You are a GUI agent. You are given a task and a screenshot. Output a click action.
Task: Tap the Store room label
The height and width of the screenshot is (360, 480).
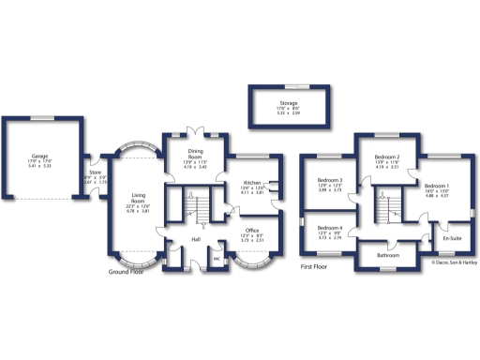tap(95, 172)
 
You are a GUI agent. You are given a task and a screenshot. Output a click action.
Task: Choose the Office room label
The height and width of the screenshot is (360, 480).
tap(252, 230)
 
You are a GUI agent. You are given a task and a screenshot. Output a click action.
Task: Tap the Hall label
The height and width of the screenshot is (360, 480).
tap(197, 240)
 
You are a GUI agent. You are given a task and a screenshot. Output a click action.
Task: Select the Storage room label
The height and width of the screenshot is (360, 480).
tap(288, 103)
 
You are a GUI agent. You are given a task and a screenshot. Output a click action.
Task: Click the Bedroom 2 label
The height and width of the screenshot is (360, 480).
tap(387, 157)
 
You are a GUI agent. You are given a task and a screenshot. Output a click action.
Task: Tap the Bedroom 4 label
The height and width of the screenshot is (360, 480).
tap(329, 229)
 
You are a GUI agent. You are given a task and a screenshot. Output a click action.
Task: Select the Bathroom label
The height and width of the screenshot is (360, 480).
tap(389, 255)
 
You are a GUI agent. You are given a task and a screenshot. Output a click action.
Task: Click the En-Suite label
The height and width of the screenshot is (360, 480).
tap(452, 238)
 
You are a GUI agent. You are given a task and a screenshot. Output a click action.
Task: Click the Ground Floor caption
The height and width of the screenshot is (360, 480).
tap(132, 271)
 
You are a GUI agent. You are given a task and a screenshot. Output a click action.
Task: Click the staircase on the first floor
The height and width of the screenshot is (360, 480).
tap(385, 204)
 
